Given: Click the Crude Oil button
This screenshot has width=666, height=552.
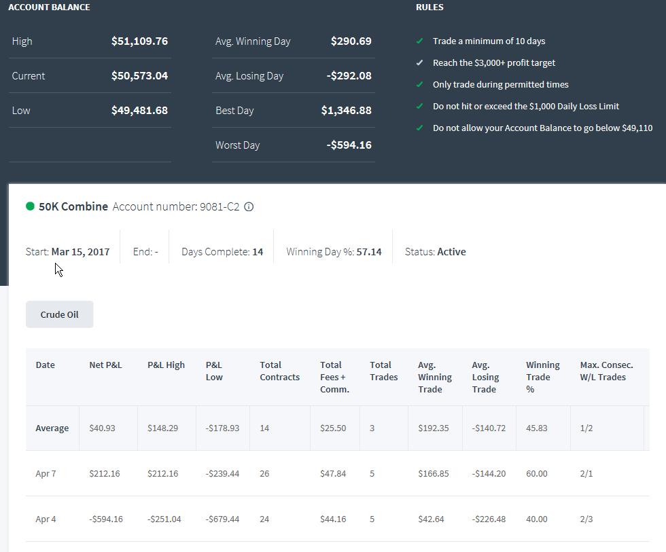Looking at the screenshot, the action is coord(60,314).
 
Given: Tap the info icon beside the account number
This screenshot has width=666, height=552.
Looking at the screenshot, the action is coord(249,206).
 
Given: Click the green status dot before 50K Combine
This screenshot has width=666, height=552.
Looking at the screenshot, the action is coord(30,206).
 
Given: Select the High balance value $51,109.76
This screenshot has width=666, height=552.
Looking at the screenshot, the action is coord(139,41).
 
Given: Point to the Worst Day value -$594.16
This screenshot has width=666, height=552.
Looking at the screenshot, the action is coord(349,145).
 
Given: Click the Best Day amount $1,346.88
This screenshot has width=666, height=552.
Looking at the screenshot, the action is coord(346,110).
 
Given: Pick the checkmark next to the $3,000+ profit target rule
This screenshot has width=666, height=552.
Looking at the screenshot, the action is coord(420,62).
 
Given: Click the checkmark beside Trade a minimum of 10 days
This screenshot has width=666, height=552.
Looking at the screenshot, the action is coord(420,41).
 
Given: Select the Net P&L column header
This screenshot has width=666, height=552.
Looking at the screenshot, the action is coord(106,365).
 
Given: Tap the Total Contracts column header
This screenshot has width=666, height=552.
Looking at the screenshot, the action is coord(280,371).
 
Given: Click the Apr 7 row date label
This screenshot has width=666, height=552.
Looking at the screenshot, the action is coord(46,473).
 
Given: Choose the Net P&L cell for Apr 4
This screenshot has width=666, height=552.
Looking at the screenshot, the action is coord(106,519).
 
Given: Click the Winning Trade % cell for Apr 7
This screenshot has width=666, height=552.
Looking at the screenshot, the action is coord(537,473).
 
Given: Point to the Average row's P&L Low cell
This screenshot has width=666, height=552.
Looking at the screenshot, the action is coord(223,428).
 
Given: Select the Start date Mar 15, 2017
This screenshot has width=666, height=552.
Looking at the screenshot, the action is coord(80,252).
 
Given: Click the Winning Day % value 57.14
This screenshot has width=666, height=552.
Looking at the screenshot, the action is coord(369,252).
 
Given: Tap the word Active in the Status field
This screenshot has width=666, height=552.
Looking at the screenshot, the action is coord(451,252).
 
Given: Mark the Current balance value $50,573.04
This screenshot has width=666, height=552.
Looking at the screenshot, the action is coord(139,76).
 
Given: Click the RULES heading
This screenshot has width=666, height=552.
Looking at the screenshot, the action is coord(430,7).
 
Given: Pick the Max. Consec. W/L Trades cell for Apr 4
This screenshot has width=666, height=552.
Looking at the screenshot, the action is coord(586,519).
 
